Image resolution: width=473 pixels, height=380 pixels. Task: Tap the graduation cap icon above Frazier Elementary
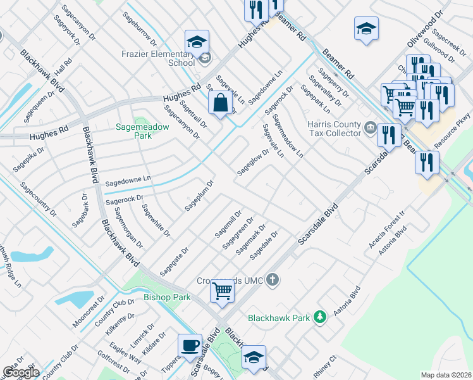click(x=197, y=41)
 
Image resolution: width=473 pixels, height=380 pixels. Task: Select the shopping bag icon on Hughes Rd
click(x=219, y=103)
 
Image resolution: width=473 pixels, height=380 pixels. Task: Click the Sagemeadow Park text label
click(x=142, y=131)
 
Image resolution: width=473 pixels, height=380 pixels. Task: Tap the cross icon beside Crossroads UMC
click(x=273, y=279)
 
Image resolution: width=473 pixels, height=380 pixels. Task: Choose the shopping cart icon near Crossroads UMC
click(x=222, y=291)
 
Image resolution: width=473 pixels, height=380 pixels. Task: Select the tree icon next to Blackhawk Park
click(x=321, y=317)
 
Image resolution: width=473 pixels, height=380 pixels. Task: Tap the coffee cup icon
click(x=190, y=345)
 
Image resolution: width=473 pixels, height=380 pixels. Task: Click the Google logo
click(x=20, y=372)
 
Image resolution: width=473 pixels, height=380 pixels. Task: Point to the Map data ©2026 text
click(x=446, y=375)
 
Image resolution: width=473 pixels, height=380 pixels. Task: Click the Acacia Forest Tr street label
click(x=386, y=231)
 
